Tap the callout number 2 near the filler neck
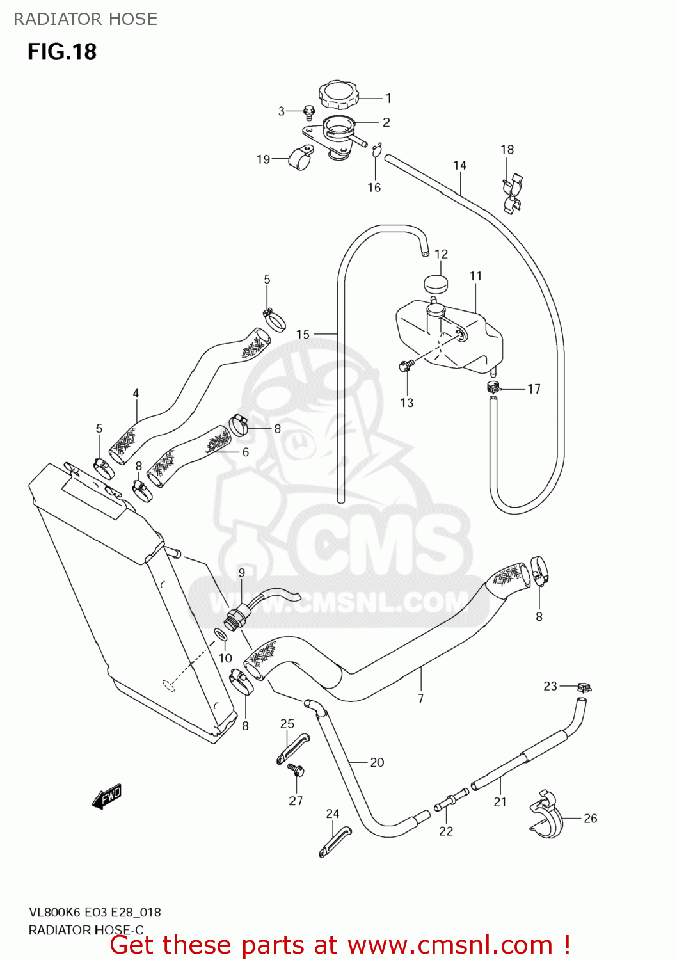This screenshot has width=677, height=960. click(x=386, y=122)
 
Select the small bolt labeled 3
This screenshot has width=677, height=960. click(x=308, y=113)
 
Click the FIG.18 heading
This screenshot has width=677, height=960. click(x=62, y=51)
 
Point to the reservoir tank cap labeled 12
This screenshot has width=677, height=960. click(x=435, y=283)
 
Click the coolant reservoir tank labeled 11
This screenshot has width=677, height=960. click(x=448, y=336)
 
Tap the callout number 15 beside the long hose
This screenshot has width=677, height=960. click(x=303, y=334)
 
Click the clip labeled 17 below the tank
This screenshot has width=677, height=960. click(x=493, y=387)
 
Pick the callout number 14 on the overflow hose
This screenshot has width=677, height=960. click(x=459, y=165)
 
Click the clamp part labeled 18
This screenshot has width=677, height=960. click(x=511, y=193)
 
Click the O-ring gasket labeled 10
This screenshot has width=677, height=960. click(x=219, y=635)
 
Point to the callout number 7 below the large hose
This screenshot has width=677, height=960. click(x=420, y=698)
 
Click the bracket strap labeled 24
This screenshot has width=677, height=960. click(x=334, y=841)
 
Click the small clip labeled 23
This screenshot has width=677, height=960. click(x=583, y=687)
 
